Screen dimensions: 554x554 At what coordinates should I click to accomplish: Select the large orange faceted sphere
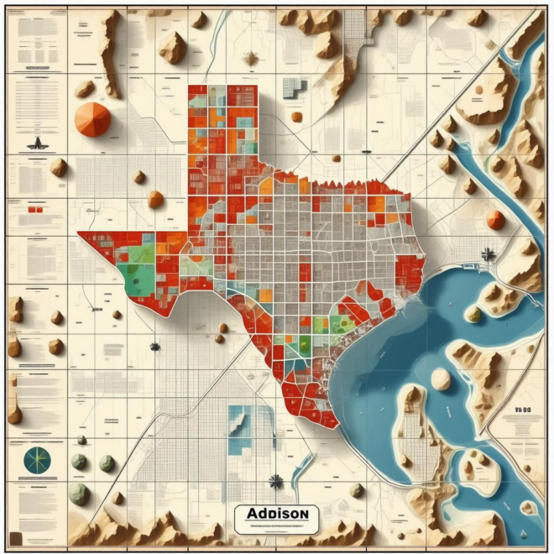click(92, 118)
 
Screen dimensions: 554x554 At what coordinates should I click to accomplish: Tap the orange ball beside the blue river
click(496, 220)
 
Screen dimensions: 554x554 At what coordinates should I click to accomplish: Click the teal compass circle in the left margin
click(38, 460)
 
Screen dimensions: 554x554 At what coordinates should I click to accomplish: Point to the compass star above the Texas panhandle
click(250, 58)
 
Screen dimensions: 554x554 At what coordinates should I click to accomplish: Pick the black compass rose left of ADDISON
click(274, 481)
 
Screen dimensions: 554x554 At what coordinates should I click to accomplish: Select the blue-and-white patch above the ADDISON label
click(239, 419)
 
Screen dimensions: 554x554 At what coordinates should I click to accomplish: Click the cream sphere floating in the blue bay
click(441, 379)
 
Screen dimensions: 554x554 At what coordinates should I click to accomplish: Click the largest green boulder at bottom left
click(79, 493)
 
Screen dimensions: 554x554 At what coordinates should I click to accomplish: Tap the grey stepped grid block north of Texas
click(291, 86)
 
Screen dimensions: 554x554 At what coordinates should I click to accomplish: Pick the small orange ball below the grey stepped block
click(296, 117)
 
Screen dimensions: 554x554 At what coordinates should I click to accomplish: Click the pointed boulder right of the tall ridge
click(173, 47)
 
